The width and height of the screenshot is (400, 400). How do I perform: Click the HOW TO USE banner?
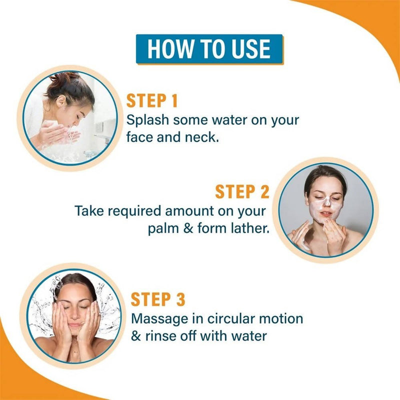pos(209,49)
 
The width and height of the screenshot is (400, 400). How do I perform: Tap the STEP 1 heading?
pos(152,101)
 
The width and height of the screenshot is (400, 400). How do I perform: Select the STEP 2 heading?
pos(242,191)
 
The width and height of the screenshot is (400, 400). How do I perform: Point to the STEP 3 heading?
pos(158,299)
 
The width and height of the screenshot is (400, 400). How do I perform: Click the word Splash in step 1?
pos(147,119)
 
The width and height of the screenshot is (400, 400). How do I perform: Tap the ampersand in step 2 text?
pos(188,228)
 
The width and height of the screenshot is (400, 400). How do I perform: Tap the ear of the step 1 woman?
pos(61,101)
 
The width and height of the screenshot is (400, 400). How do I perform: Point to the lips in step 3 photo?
pos(75,325)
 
